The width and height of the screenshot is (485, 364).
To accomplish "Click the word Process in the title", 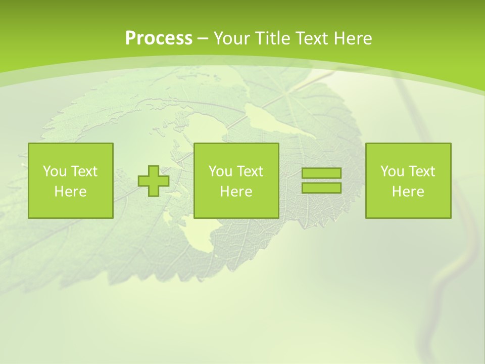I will [159, 38].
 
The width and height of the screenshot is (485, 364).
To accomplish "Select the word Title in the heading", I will [273, 38].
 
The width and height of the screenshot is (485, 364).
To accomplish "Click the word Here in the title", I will [353, 38].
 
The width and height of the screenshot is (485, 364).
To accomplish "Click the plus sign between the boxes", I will [154, 180].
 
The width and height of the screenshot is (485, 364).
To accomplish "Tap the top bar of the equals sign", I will [321, 173].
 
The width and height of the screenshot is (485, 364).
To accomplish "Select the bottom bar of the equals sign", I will [321, 188].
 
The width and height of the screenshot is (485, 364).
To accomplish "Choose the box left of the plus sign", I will [71, 180].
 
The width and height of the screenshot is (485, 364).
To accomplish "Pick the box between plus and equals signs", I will [236, 180].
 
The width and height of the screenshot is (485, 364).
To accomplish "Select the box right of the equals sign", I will [408, 180].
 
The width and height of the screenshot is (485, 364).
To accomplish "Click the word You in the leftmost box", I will [55, 171].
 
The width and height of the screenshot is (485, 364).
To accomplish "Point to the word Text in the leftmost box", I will [83, 171].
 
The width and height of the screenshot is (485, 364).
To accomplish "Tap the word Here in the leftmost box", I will [71, 192].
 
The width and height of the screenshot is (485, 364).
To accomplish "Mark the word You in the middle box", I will [220, 171].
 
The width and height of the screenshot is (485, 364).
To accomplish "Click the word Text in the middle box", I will [249, 171].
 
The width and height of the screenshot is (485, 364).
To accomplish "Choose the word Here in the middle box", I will [236, 192].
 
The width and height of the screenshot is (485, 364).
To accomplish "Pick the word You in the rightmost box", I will [392, 171].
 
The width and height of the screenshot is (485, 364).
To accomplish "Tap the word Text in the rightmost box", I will [421, 171].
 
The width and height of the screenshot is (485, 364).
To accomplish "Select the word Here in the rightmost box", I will [408, 192].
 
